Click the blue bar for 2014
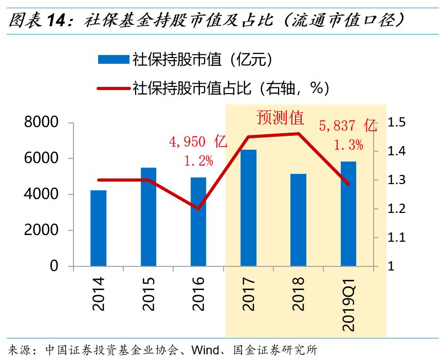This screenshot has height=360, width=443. [98, 228]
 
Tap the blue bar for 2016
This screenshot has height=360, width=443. [198, 222]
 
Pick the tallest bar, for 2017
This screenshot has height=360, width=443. [248, 208]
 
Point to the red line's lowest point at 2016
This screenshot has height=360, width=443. [198, 209]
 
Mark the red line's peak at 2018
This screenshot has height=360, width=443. [298, 134]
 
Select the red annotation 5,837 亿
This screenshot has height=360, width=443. [348, 125]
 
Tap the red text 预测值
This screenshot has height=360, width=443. [280, 118]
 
